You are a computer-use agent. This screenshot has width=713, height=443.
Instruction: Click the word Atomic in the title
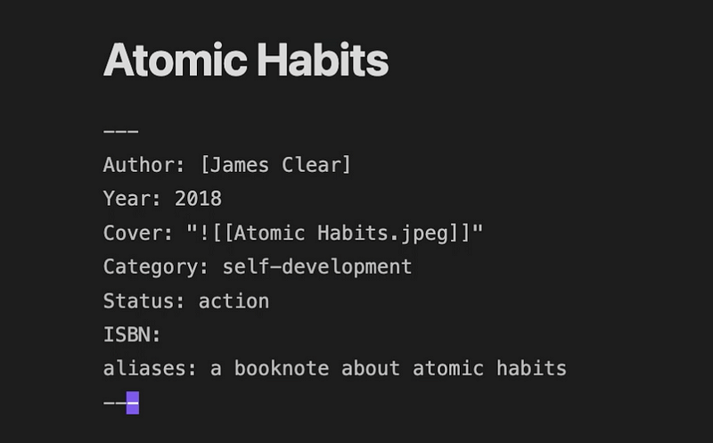176,60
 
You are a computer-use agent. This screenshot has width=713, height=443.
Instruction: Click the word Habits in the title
323,60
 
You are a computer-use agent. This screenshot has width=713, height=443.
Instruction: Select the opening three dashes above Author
121,131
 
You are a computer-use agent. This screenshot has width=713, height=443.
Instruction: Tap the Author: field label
143,165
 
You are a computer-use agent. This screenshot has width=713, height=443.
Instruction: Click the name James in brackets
239,165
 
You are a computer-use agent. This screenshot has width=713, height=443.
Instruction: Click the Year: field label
132,199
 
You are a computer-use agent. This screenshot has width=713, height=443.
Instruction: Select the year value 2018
198,199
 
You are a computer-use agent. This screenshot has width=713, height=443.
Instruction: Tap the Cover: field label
138,233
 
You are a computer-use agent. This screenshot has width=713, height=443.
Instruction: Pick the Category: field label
155,267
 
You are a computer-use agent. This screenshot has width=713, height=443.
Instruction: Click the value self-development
317,267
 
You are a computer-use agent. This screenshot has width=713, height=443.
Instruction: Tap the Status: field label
143,301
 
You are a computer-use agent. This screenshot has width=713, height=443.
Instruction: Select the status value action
234,301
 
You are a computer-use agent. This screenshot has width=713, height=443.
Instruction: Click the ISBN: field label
132,335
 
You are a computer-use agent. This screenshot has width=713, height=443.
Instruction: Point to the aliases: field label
150,368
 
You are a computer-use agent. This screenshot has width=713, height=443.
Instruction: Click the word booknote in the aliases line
282,368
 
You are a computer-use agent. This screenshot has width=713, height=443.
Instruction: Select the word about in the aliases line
371,368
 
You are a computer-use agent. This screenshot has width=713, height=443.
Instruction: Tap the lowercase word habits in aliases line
531,368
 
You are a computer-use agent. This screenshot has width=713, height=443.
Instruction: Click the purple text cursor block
133,403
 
